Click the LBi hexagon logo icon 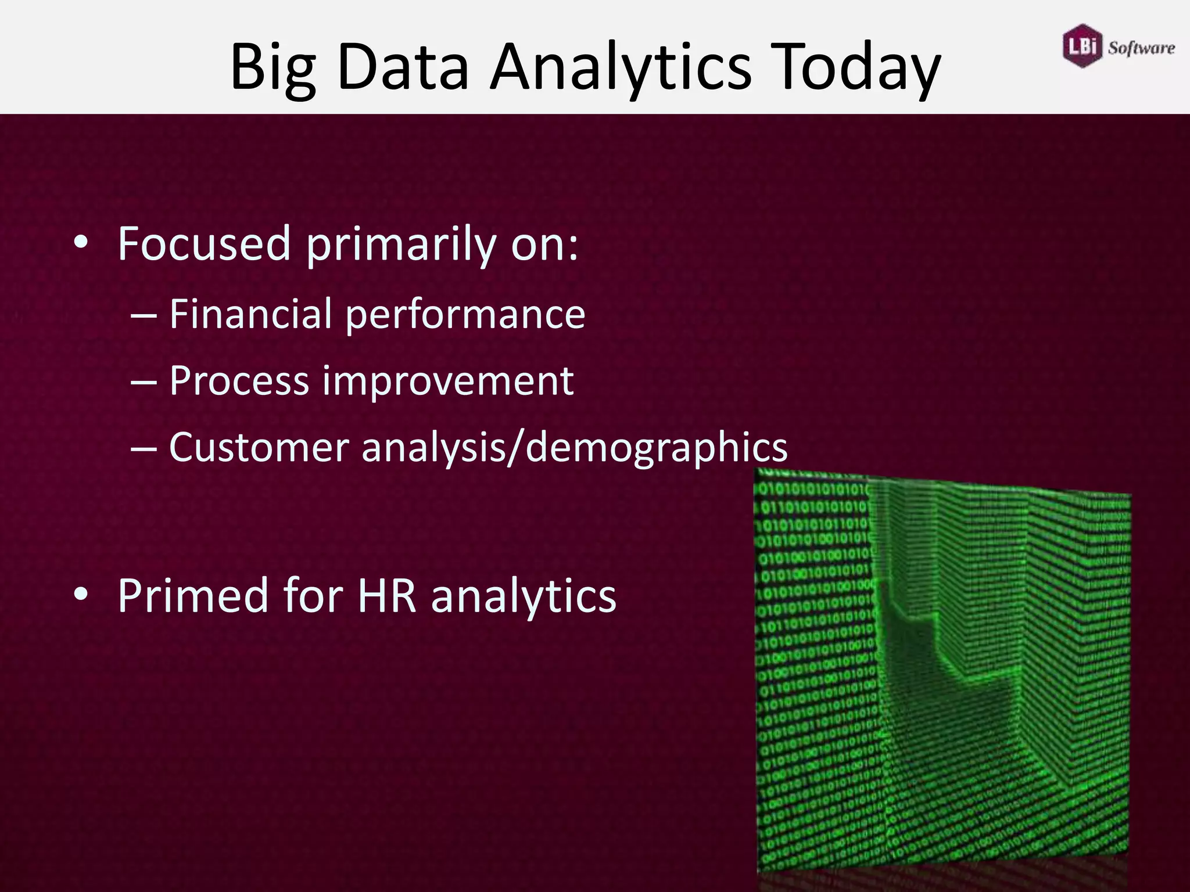point(1082,46)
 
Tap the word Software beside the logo point(1141,48)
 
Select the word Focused point(203,244)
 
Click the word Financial point(250,314)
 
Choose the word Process point(239,381)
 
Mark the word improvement point(447,381)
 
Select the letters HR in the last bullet point(386,596)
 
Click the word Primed point(192,596)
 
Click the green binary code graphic point(941,668)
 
